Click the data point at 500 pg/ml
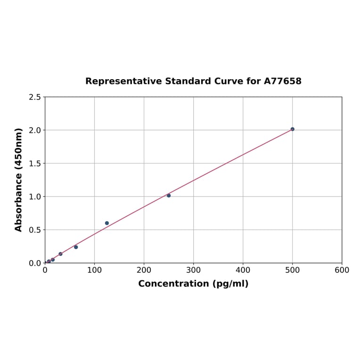point(292,129)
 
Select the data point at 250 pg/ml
point(169,196)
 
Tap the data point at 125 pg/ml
point(107,223)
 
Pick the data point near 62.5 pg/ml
point(76,247)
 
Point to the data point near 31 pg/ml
point(60,254)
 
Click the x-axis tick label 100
point(94,270)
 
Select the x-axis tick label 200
point(144,270)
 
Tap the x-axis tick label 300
point(193,270)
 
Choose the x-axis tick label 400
point(243,270)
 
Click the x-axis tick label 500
point(292,270)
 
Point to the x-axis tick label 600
point(342,270)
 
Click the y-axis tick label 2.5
point(34,97)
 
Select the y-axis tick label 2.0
point(34,130)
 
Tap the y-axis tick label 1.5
point(34,164)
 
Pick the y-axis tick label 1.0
point(34,196)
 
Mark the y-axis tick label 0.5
point(34,230)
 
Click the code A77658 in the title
point(282,82)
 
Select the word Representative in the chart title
point(123,82)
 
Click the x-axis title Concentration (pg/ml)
point(193,284)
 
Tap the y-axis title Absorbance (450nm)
point(19,180)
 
